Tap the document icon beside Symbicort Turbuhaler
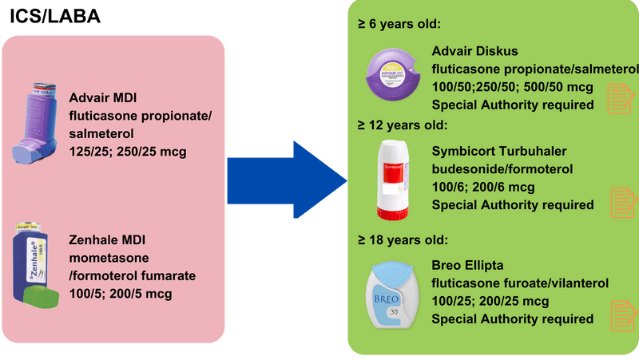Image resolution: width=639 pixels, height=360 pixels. coord(621,203)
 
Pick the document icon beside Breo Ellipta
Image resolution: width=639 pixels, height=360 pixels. coord(621,313)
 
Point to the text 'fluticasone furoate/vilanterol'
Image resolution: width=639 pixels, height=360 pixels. coord(520,283)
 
